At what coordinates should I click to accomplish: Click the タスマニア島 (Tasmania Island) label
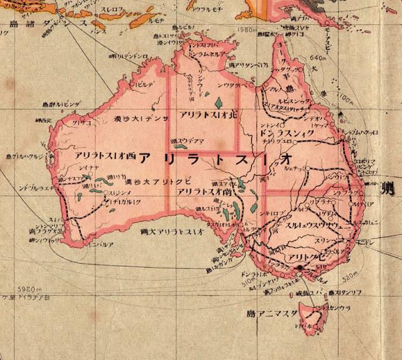click(280, 312)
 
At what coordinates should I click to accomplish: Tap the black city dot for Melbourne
click(300, 267)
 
